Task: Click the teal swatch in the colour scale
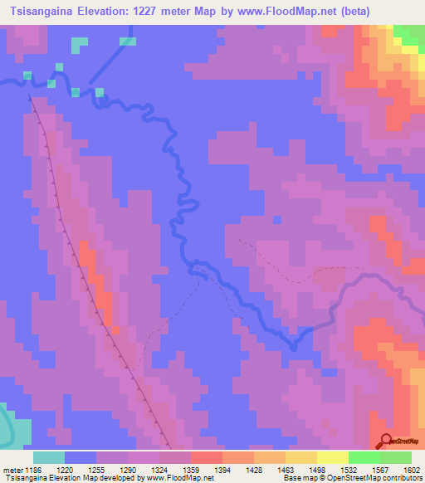coord(49,457)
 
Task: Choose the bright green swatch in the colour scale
coord(364,457)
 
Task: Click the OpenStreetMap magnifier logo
coord(386,441)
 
